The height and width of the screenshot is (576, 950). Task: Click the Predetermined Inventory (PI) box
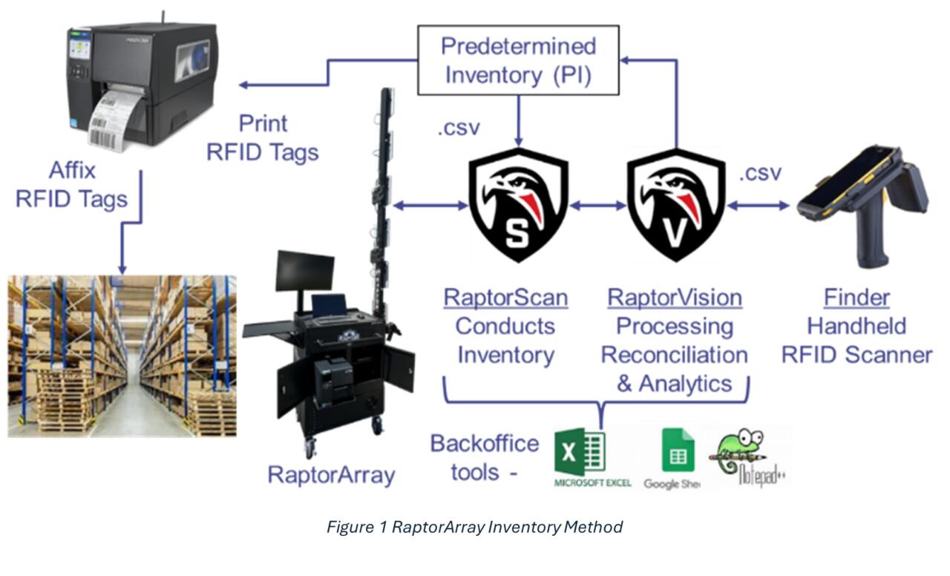[x=518, y=60]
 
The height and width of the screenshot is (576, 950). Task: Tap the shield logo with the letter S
[x=517, y=204]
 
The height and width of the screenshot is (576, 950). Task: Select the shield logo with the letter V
[x=675, y=204]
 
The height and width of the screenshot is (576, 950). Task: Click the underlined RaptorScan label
[x=505, y=298]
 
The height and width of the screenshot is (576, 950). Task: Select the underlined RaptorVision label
[x=675, y=298]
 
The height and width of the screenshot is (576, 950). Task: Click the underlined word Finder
[x=856, y=298]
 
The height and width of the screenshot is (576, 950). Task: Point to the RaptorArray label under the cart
[x=331, y=475]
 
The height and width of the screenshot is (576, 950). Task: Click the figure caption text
[x=474, y=527]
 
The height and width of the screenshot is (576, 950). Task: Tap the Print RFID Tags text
[x=262, y=137]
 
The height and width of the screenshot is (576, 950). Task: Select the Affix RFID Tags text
[x=73, y=185]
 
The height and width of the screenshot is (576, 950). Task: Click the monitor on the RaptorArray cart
[x=304, y=271]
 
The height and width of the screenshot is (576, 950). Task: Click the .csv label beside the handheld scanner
[x=760, y=173]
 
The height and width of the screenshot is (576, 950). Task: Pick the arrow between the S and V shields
[x=597, y=206]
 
